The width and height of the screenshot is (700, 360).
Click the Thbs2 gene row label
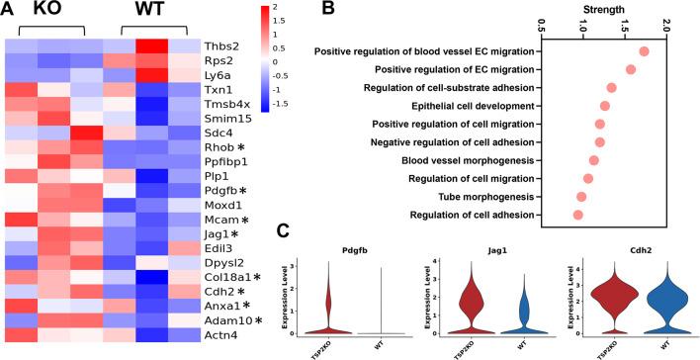tap(219, 46)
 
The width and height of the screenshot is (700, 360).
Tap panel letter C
tap(283, 233)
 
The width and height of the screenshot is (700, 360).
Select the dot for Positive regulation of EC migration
tap(631, 69)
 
